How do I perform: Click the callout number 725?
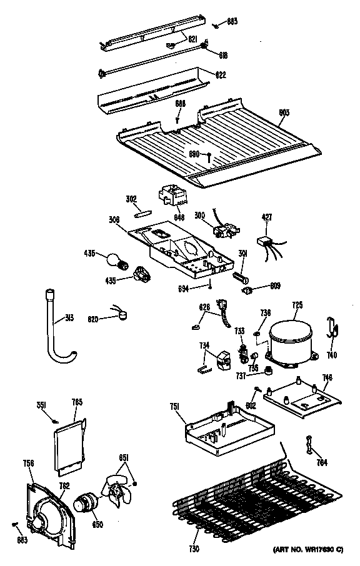click(297, 305)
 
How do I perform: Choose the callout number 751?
click(175, 407)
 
